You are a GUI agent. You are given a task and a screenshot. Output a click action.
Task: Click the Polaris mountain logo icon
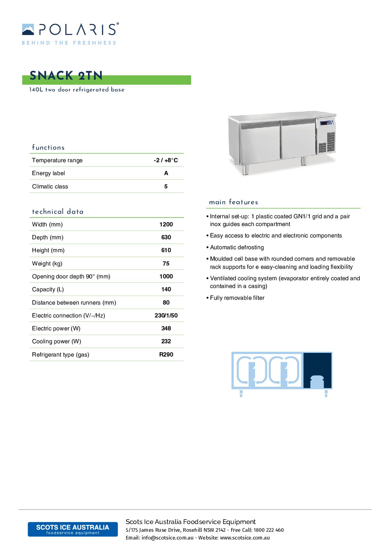tap(28, 29)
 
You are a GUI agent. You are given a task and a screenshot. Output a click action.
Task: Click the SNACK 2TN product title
tap(66, 76)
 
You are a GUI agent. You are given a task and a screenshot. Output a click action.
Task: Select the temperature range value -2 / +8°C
tap(166, 160)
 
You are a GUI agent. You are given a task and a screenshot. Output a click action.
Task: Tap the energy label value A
tap(166, 173)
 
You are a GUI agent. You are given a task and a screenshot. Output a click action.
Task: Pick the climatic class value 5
tap(166, 187)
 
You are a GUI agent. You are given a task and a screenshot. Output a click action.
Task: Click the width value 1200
tap(166, 224)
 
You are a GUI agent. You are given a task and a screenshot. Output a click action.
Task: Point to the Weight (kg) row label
tap(47, 263)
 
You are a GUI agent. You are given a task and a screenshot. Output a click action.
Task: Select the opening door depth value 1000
tap(166, 276)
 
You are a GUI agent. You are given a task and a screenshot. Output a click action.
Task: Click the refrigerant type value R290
tap(166, 354)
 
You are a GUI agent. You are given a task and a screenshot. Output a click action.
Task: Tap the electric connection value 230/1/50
tap(166, 315)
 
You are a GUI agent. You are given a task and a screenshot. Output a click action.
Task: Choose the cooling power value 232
tap(166, 341)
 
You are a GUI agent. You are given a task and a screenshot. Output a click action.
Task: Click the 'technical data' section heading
tap(58, 212)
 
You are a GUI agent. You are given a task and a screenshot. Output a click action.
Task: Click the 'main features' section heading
tap(233, 202)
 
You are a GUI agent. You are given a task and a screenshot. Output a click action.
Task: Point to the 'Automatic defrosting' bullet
tap(237, 247)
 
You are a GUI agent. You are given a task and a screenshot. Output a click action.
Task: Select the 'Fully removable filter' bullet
tap(237, 298)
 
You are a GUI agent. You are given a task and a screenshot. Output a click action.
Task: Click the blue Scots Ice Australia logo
tap(73, 529)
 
